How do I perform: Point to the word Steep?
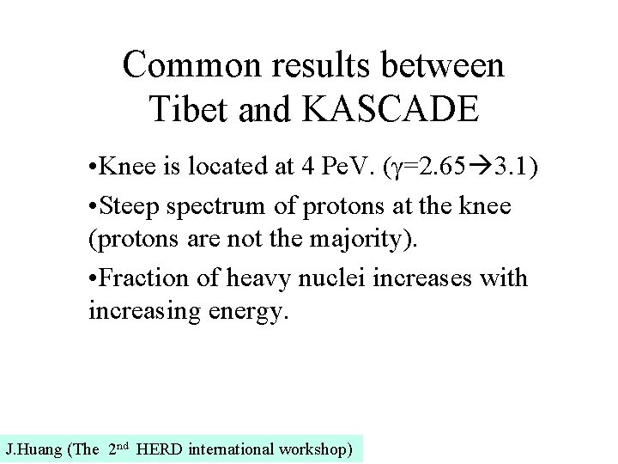tap(128, 207)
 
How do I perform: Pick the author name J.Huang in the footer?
tap(32, 449)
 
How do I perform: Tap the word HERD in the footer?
tap(159, 449)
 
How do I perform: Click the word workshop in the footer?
tap(315, 449)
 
